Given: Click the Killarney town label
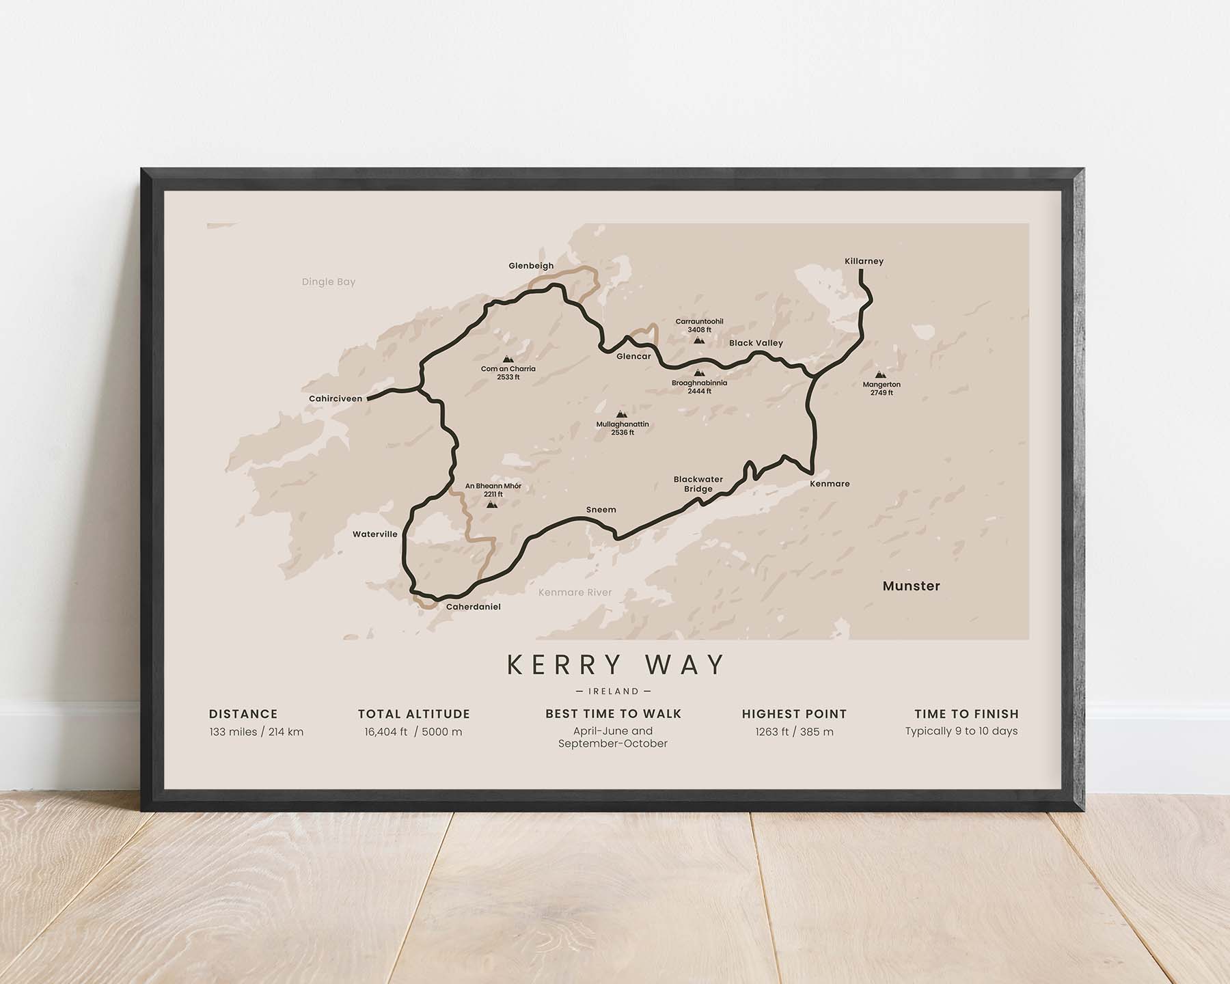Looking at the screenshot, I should pyautogui.click(x=864, y=261).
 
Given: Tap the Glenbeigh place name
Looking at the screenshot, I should pyautogui.click(x=531, y=266).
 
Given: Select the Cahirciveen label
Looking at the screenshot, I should pyautogui.click(x=336, y=398).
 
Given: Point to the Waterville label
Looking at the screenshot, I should pyautogui.click(x=374, y=534).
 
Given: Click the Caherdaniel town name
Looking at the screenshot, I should pyautogui.click(x=473, y=607).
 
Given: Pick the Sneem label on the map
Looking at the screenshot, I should pyautogui.click(x=601, y=510).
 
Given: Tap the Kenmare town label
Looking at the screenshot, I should pyautogui.click(x=830, y=484).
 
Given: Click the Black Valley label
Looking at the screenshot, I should pyautogui.click(x=756, y=343).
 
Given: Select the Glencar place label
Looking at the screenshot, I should pyautogui.click(x=633, y=356).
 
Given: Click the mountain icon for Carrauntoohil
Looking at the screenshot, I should pyautogui.click(x=698, y=340).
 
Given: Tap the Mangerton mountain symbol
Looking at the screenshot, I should pyautogui.click(x=880, y=375).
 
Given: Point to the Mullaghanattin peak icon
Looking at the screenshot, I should pyautogui.click(x=620, y=414).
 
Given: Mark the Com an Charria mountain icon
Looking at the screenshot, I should pyautogui.click(x=508, y=359).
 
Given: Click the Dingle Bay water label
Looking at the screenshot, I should pyautogui.click(x=329, y=282).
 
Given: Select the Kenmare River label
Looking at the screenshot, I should pyautogui.click(x=575, y=592).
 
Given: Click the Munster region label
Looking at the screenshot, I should pyautogui.click(x=911, y=586).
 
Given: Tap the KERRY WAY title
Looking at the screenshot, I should pyautogui.click(x=616, y=665).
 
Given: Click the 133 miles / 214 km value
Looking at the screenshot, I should pyautogui.click(x=256, y=732).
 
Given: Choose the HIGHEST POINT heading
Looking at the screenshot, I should pyautogui.click(x=794, y=714).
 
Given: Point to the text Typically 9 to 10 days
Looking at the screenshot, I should pyautogui.click(x=961, y=731).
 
